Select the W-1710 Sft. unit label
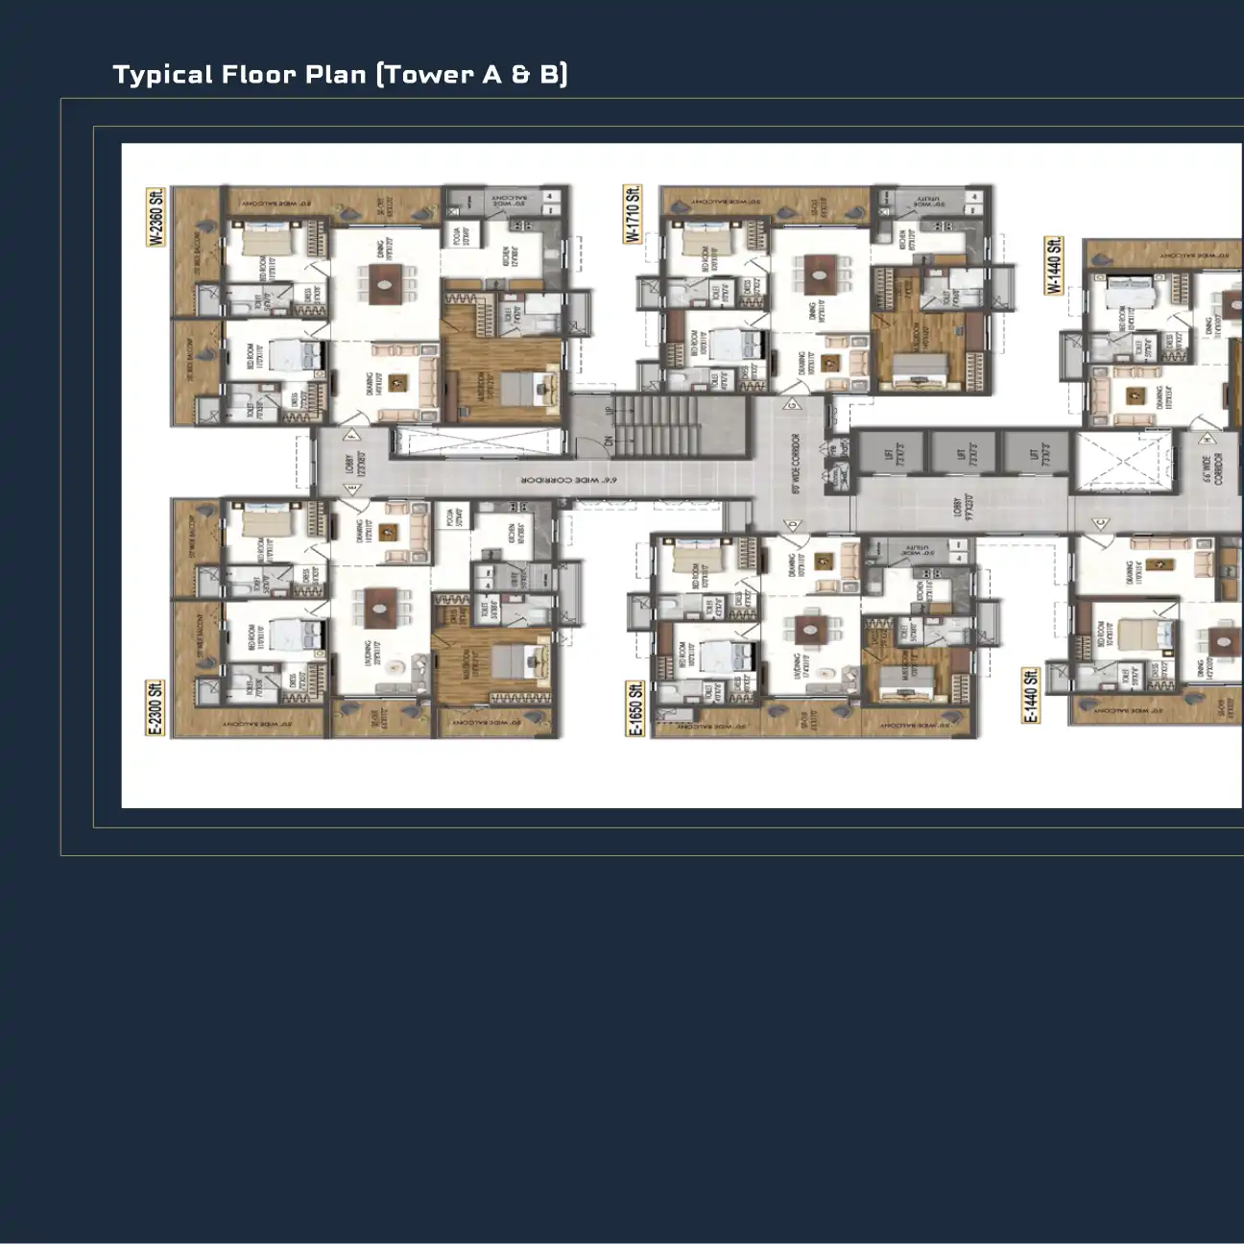click(x=633, y=214)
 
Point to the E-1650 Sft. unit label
click(x=634, y=709)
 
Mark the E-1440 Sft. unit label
click(x=1031, y=697)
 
